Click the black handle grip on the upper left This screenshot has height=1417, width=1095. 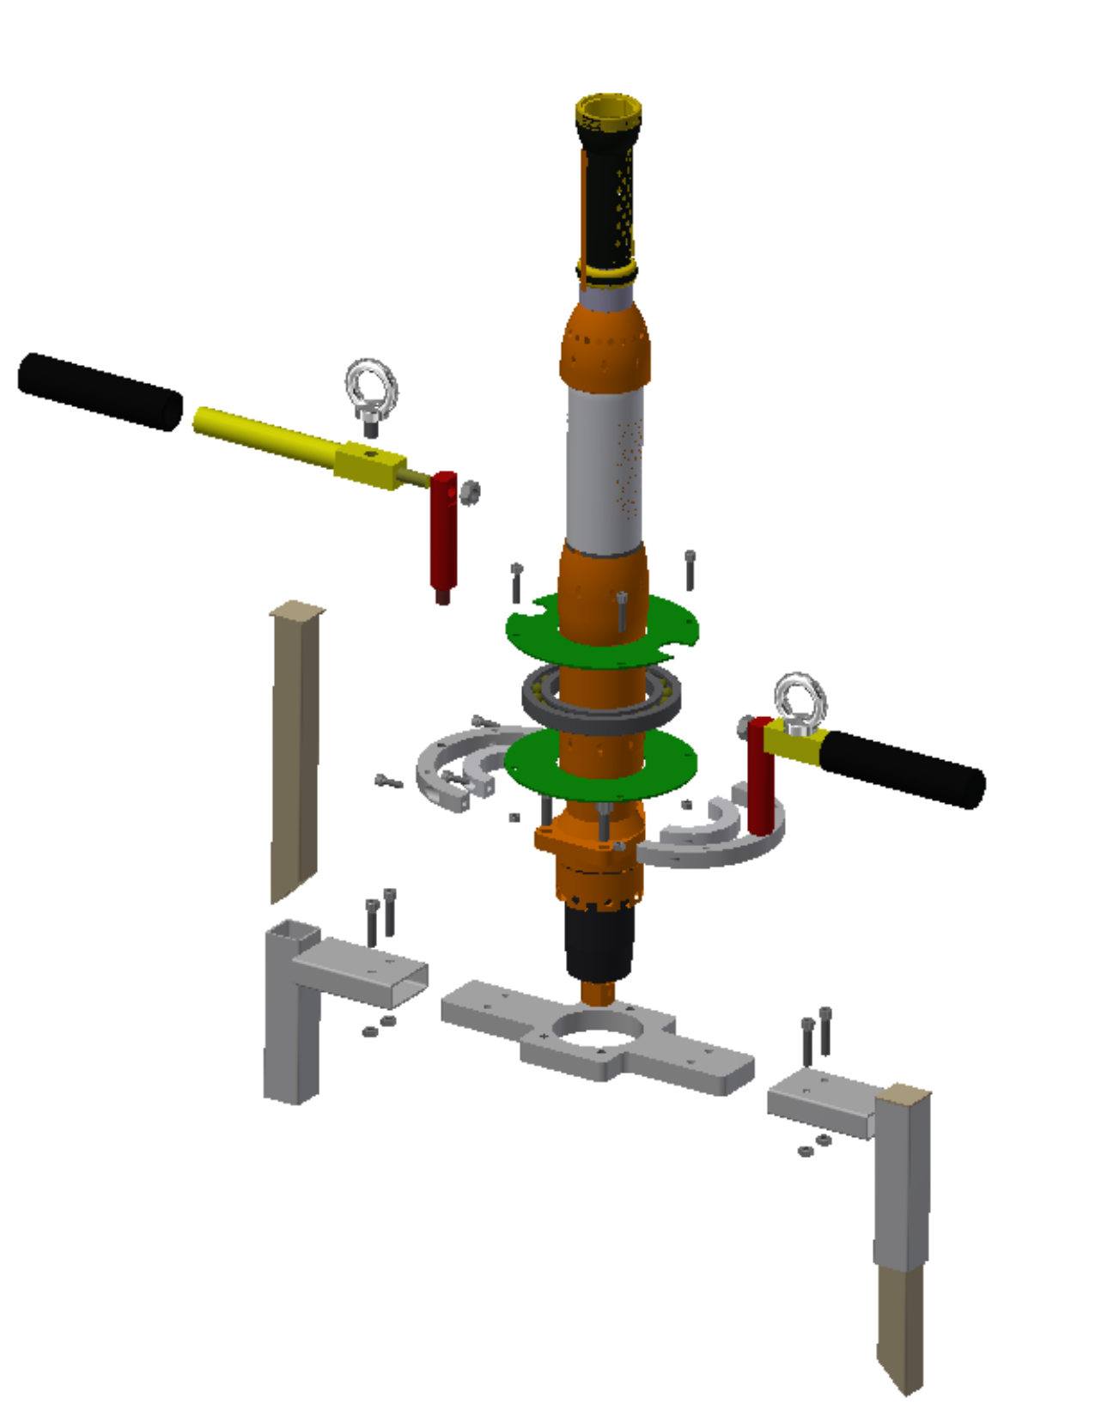coord(100,391)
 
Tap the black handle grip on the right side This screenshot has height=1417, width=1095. coord(902,769)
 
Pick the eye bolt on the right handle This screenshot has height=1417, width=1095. coord(800,700)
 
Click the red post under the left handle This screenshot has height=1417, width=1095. coord(443,537)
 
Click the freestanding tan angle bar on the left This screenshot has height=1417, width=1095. coord(295,747)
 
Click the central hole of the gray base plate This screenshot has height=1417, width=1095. coord(599,1028)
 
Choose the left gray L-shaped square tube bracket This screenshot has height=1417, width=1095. coord(292,1013)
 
